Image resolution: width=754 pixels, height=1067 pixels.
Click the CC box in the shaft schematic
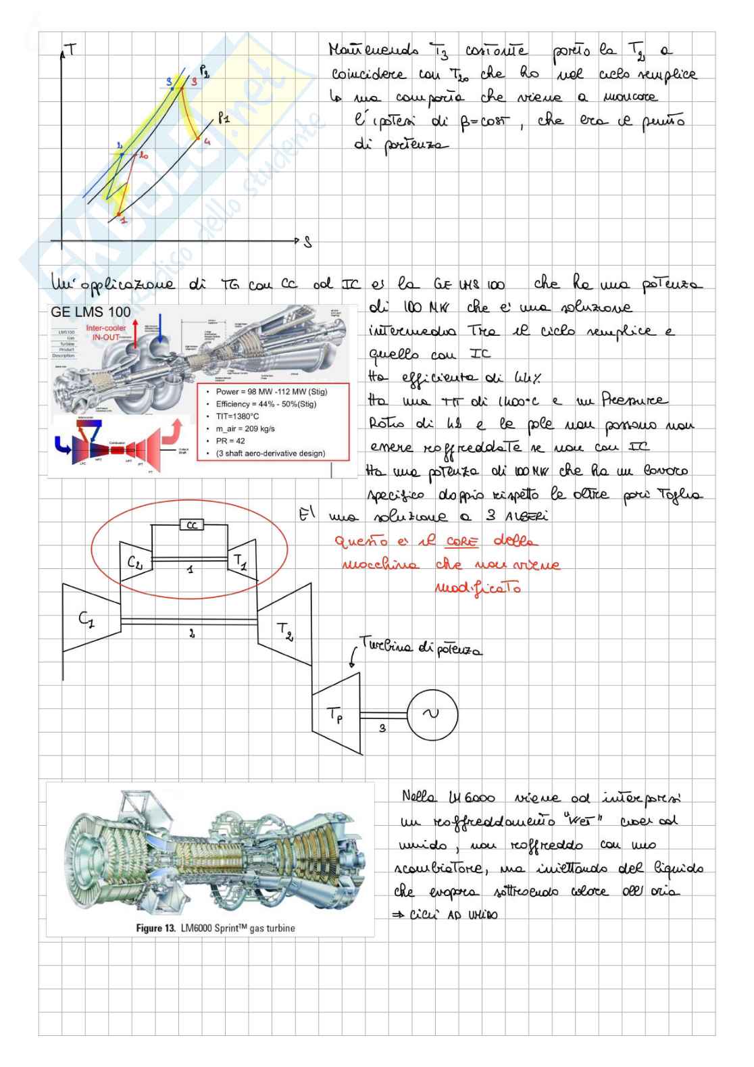192,525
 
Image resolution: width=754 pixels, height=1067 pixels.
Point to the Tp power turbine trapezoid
336,714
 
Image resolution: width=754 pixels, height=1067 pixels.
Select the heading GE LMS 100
91,313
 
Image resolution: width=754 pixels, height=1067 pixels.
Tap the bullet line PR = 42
230,441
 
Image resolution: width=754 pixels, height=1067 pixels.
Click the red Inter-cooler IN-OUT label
106,332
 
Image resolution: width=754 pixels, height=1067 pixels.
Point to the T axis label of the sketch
72,49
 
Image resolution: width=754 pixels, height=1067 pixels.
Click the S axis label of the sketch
308,243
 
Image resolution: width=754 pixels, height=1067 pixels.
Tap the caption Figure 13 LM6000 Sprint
216,928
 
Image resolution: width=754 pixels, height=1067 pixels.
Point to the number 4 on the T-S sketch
207,142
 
